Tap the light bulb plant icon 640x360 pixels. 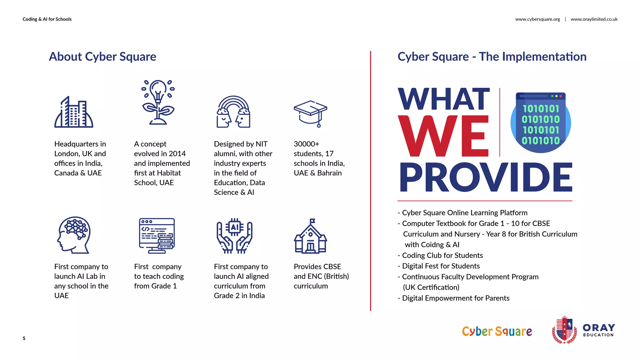[158, 102]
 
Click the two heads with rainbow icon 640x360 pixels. [233, 112]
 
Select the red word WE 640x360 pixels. [443, 136]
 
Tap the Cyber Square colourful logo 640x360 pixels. [497, 331]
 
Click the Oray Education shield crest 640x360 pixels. [564, 330]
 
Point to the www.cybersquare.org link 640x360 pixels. [537, 19]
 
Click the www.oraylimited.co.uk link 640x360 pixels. [594, 19]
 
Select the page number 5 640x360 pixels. [24, 338]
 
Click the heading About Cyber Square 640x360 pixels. [102, 57]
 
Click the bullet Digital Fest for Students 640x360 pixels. [441, 266]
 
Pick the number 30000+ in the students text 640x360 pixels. [306, 144]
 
